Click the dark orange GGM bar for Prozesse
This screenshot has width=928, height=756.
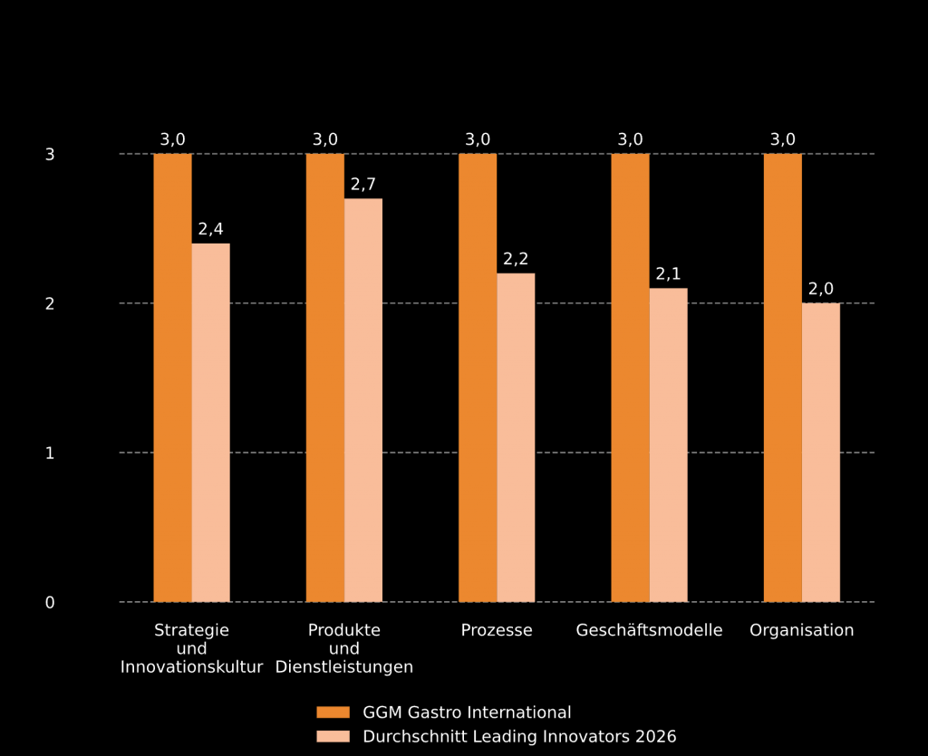click(x=478, y=378)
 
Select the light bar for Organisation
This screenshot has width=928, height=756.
click(x=821, y=452)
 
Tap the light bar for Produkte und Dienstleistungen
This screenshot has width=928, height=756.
click(x=363, y=400)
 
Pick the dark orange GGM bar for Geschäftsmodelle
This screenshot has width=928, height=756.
click(x=630, y=378)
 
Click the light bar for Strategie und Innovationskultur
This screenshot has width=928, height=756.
click(x=210, y=422)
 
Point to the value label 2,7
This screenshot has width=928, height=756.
click(x=363, y=185)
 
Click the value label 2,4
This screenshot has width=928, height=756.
click(x=210, y=229)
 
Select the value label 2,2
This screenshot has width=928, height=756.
click(x=516, y=259)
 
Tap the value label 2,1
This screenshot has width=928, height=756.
click(x=668, y=274)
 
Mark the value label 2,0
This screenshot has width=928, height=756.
click(x=821, y=289)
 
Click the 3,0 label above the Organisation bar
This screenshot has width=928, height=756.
click(x=783, y=139)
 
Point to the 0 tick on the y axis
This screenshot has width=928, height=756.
click(x=50, y=602)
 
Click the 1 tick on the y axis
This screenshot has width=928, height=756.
click(x=50, y=453)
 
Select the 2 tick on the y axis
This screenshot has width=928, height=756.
click(x=50, y=303)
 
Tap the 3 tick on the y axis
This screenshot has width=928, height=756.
click(x=50, y=154)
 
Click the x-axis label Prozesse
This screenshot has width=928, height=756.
click(x=497, y=630)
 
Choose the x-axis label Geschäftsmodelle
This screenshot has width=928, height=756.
click(x=649, y=630)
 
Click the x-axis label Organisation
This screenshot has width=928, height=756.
click(x=802, y=630)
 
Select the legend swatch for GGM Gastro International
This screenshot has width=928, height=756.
click(x=333, y=713)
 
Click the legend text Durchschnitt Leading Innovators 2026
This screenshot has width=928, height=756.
click(x=519, y=737)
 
